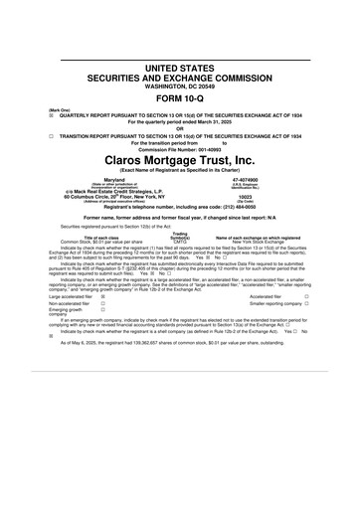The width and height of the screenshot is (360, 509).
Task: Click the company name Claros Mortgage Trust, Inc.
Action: click(x=180, y=158)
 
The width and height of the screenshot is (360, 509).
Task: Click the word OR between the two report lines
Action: click(x=180, y=128)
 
